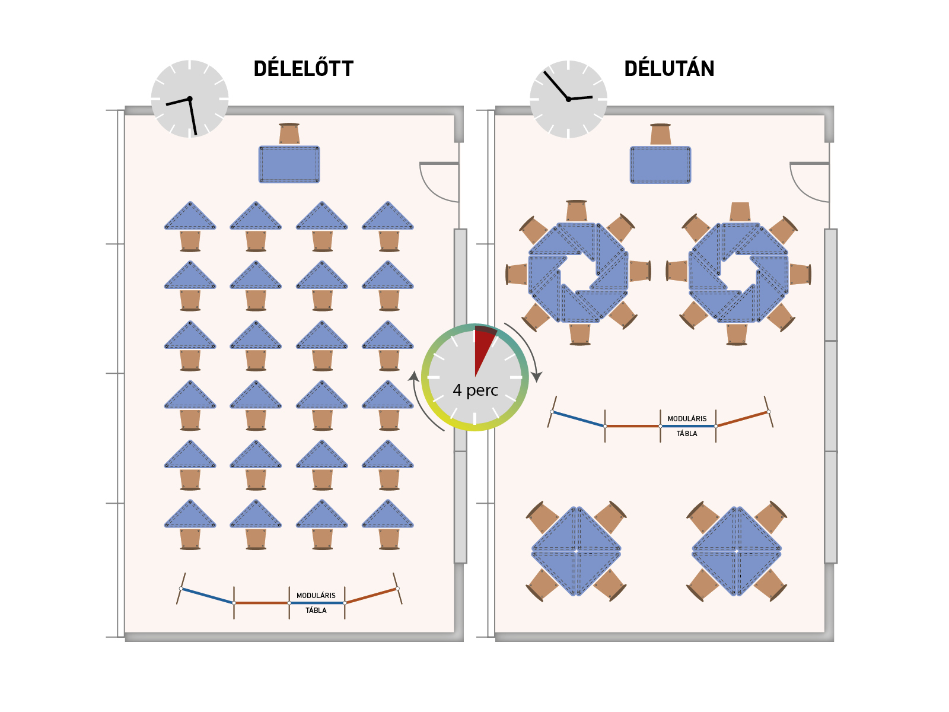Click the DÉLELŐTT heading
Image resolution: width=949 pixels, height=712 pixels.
(x=303, y=69)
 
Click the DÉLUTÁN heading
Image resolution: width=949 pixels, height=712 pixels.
(x=669, y=69)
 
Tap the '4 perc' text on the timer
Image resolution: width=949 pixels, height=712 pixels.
(x=475, y=390)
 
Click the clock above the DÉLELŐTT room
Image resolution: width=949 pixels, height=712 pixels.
(x=190, y=98)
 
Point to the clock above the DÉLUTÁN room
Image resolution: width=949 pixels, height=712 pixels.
(x=568, y=99)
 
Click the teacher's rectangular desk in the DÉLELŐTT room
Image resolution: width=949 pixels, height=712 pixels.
(x=289, y=164)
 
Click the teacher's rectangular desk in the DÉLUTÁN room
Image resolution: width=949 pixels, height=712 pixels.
(x=660, y=165)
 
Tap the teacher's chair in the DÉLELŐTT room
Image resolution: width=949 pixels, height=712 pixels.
(x=289, y=134)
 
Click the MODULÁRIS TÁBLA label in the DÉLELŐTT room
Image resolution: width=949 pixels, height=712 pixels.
(x=316, y=602)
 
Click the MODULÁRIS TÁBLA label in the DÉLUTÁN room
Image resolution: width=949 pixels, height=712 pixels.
(x=687, y=425)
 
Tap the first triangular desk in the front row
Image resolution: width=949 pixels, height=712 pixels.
(x=190, y=218)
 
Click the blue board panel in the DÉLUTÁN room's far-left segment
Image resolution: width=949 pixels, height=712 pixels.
(x=578, y=418)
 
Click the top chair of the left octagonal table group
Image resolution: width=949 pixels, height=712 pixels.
(x=577, y=211)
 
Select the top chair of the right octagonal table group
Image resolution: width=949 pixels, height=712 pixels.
(x=740, y=211)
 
